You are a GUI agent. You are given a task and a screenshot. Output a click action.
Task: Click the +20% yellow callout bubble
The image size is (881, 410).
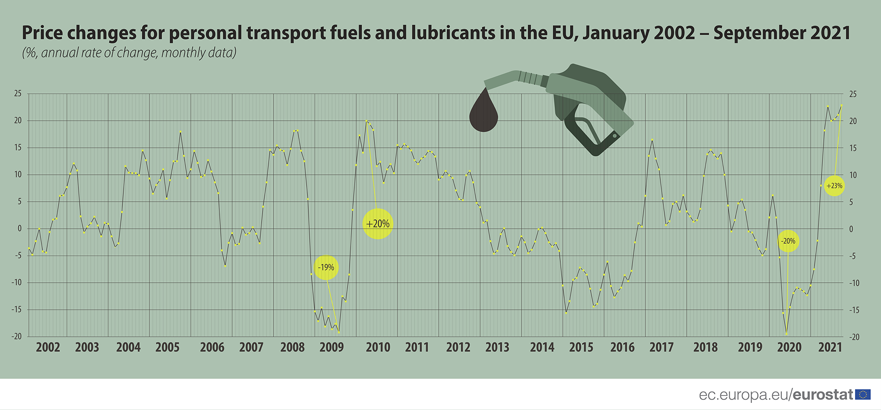click(x=378, y=224)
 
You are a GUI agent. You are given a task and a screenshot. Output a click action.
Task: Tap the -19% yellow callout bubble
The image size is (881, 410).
click(x=326, y=267)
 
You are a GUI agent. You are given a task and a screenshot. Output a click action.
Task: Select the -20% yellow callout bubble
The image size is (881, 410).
click(x=788, y=241)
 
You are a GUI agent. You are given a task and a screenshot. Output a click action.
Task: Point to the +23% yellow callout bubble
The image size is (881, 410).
click(x=834, y=186)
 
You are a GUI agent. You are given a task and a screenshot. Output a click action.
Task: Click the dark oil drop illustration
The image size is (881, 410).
click(x=484, y=112)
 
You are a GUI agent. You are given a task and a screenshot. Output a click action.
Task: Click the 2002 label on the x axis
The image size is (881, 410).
click(x=48, y=347)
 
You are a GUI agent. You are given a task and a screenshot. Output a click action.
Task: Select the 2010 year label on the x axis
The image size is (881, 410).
click(x=378, y=347)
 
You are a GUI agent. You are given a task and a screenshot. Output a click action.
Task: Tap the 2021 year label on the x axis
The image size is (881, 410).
click(x=830, y=347)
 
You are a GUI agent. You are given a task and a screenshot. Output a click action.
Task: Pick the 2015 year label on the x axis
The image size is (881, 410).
click(x=581, y=347)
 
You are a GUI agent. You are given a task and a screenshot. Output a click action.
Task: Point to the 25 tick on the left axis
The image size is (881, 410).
click(x=18, y=93)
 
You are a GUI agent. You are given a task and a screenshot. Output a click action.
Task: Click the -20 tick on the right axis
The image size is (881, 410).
click(x=854, y=337)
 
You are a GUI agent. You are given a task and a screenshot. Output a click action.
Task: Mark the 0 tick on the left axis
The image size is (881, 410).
click(x=19, y=229)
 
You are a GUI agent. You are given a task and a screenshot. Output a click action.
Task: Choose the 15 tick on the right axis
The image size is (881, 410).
click(x=853, y=148)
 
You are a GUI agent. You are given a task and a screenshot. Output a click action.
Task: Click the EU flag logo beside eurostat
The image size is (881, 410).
click(x=863, y=395)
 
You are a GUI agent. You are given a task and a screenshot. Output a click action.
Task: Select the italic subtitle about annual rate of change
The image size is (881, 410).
click(x=129, y=53)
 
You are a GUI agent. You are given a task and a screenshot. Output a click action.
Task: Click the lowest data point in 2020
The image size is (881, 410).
click(x=786, y=334)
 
